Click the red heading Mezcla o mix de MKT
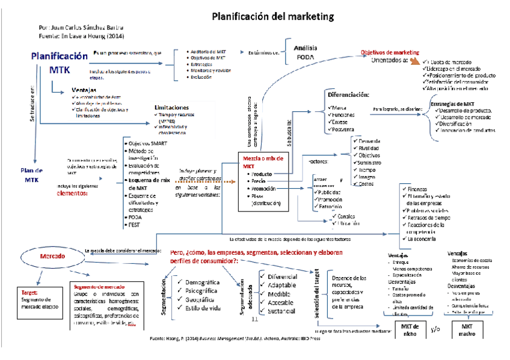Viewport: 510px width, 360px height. point(262,160)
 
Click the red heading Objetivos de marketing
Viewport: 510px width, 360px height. point(389,52)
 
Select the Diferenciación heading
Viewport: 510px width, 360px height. point(348,96)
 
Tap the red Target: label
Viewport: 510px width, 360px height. point(29,292)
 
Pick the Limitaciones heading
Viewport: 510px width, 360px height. point(175,107)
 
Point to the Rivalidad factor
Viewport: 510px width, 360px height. point(367,147)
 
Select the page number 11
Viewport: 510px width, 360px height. point(254,320)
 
